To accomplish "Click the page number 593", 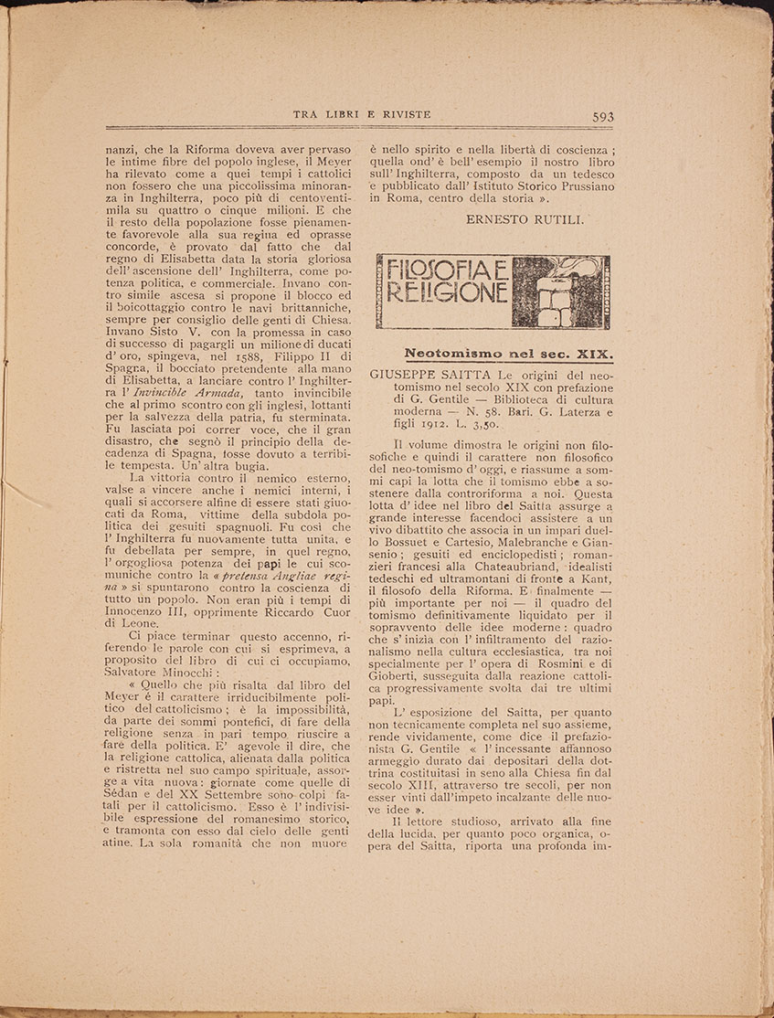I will [x=603, y=116].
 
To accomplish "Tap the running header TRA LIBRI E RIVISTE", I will [x=362, y=114].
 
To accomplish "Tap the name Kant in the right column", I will [x=599, y=581].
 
